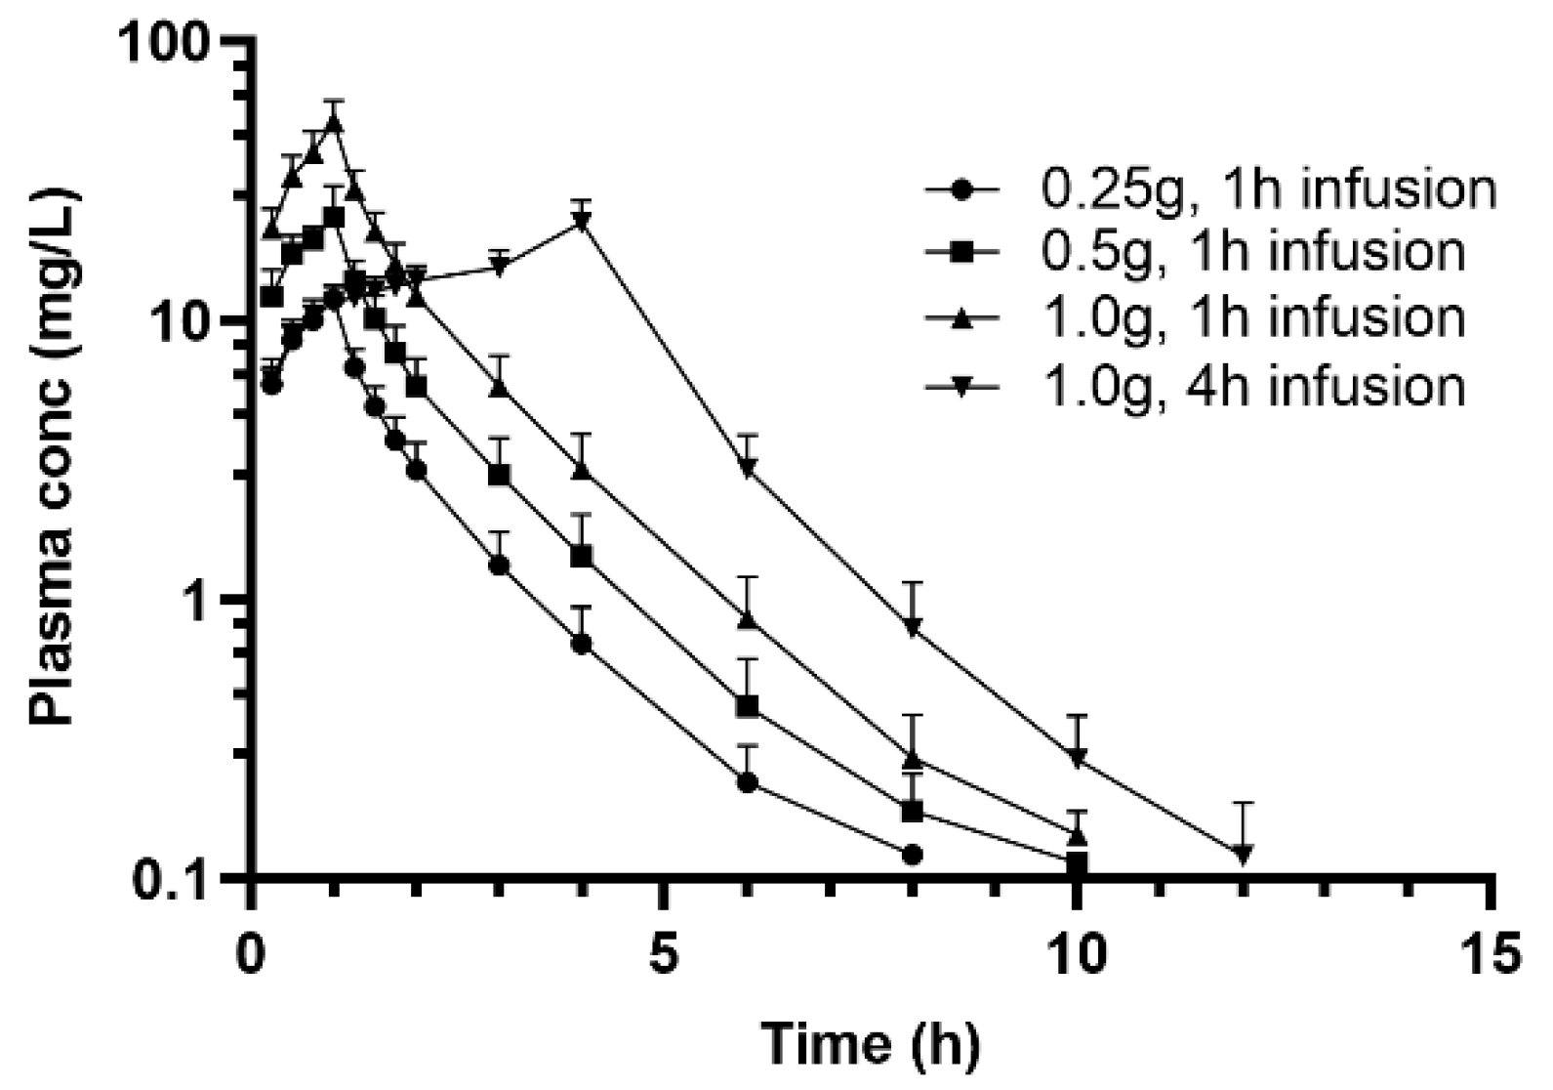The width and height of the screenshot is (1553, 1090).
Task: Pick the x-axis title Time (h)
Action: [871, 1045]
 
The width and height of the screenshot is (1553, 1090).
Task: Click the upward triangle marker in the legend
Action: [961, 318]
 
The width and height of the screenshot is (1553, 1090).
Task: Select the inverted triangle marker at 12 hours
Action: [1242, 855]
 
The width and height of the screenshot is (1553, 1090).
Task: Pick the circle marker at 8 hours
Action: [913, 855]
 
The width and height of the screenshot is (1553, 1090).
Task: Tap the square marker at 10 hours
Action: [1077, 862]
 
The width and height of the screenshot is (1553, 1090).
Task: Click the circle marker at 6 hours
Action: [748, 782]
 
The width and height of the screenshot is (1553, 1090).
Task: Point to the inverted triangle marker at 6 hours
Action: [748, 470]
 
